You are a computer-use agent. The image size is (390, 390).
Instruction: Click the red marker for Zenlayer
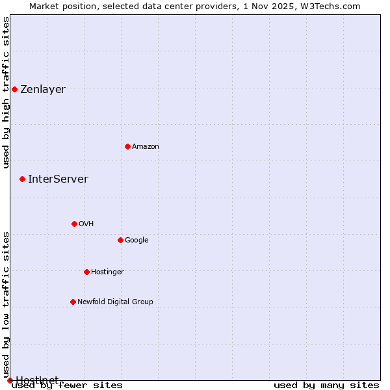(14, 89)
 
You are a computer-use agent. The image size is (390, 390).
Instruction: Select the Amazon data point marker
(127, 146)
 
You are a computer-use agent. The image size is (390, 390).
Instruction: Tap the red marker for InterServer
(22, 179)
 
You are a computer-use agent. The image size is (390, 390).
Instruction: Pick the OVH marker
(74, 224)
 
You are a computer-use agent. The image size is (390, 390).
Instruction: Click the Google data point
(120, 240)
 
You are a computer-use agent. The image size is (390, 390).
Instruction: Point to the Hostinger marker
(86, 272)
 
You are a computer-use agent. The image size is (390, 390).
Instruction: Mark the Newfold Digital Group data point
(73, 302)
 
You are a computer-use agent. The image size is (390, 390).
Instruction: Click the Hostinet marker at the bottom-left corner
(10, 380)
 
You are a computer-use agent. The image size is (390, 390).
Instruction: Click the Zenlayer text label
(43, 90)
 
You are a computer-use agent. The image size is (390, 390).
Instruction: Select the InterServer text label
(58, 179)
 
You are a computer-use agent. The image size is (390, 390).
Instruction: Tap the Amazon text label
(146, 147)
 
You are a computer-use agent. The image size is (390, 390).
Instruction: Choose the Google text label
(136, 240)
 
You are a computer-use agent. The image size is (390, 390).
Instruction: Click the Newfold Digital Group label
(115, 302)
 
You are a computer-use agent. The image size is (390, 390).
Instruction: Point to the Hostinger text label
(107, 272)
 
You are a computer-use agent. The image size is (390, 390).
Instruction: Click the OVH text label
(86, 224)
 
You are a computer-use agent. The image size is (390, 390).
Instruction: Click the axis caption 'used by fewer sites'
(67, 385)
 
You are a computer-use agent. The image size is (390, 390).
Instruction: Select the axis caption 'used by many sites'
(326, 385)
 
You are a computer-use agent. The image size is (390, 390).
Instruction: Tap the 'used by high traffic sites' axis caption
(6, 92)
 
